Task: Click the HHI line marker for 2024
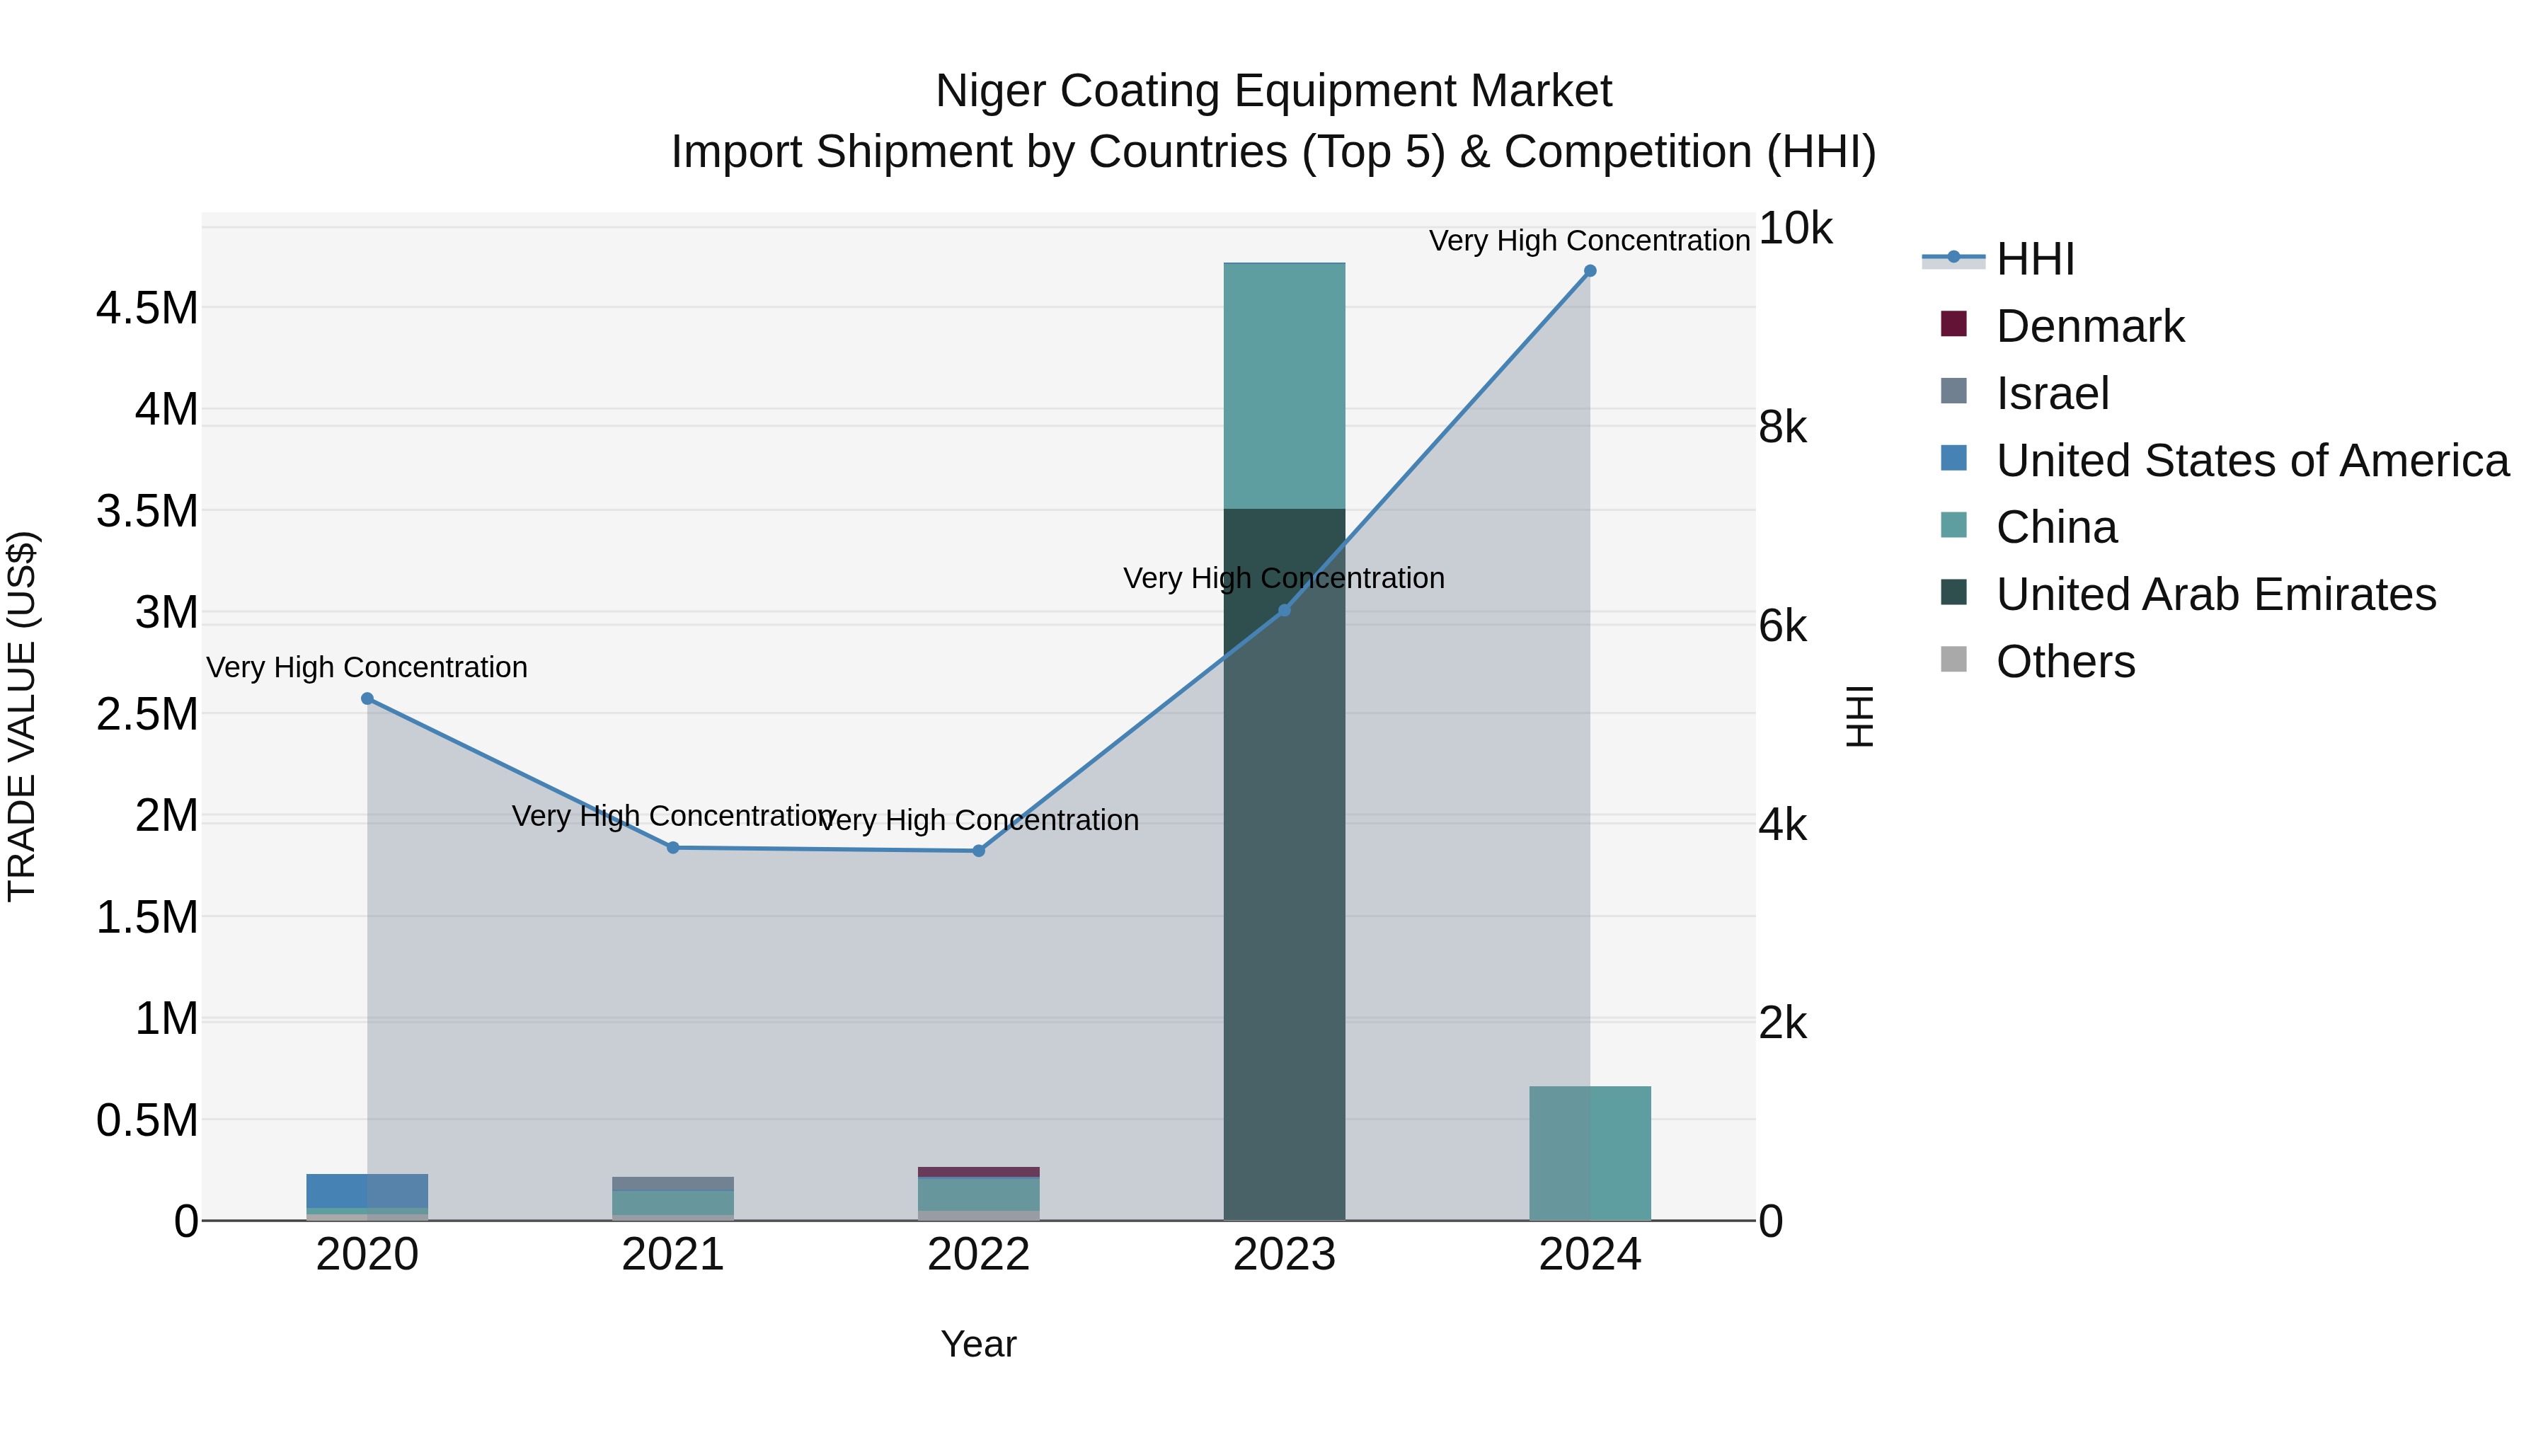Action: click(1590, 271)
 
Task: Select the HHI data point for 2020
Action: click(367, 698)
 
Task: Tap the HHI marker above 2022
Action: click(978, 851)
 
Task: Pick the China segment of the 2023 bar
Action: click(1284, 386)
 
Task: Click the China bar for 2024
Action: click(1590, 1153)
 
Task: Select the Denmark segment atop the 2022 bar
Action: click(978, 1172)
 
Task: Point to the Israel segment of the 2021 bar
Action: click(672, 1184)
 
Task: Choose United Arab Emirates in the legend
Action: click(2215, 594)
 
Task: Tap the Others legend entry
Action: click(2065, 662)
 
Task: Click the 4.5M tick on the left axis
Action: click(147, 309)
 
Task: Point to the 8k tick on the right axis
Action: click(1782, 427)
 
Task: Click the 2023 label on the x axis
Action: click(1284, 1255)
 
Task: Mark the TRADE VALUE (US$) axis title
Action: click(22, 716)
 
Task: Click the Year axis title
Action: click(978, 1344)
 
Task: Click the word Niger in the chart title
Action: click(990, 91)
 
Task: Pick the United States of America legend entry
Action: click(2251, 461)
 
